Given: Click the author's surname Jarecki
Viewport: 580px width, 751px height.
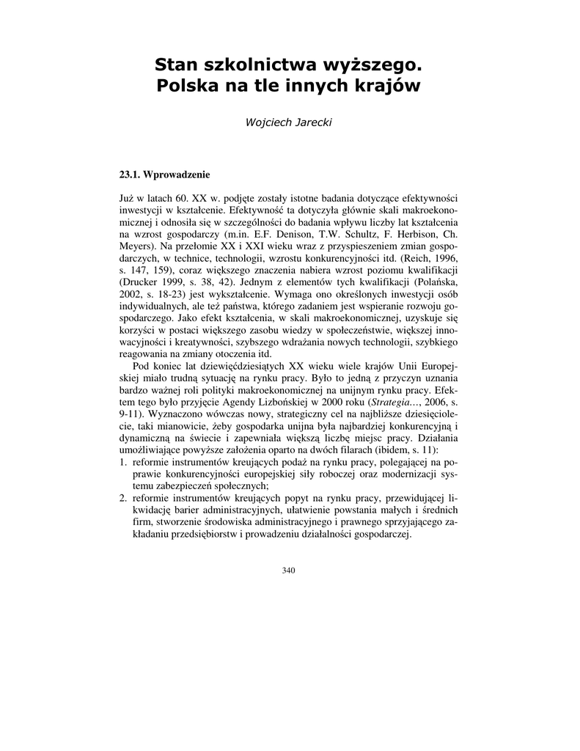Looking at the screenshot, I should click(x=313, y=122).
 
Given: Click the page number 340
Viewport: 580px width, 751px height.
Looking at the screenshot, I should click(x=289, y=571).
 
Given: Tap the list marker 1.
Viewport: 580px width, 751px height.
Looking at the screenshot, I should click(x=122, y=461).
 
